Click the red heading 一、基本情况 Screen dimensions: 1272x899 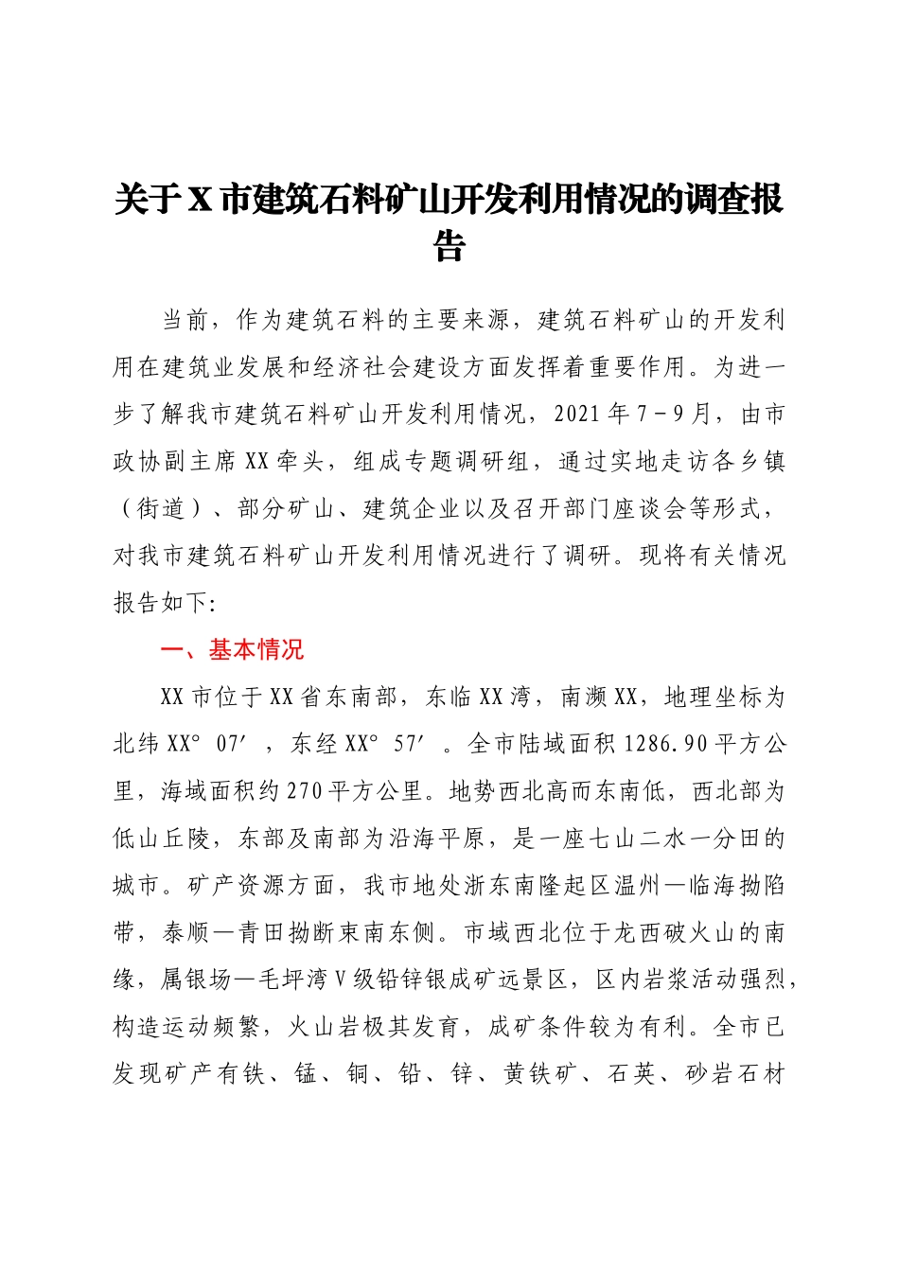coord(232,650)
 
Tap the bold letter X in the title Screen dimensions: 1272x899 coord(200,201)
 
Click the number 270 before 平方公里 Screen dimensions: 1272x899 coord(304,792)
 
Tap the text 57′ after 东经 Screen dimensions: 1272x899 coord(409,745)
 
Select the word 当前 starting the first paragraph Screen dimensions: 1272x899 coord(185,320)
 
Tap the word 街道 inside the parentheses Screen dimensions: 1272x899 coord(161,508)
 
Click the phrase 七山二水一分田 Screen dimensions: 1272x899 coord(675,839)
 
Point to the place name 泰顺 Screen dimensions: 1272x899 coord(185,933)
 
